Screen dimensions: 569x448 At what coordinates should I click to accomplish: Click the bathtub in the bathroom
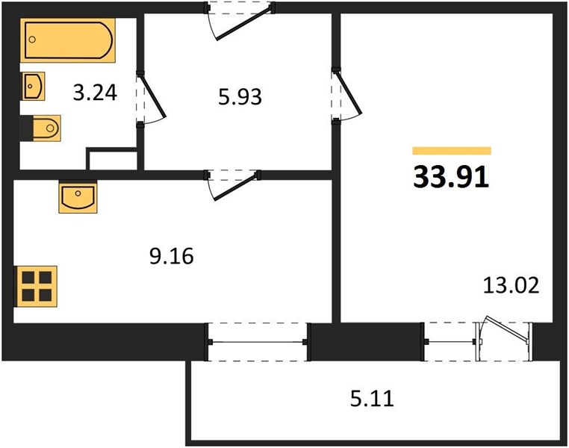[x=68, y=40]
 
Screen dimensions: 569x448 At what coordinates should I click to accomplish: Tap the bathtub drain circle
[x=32, y=40]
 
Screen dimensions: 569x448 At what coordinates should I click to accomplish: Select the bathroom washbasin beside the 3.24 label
[x=34, y=86]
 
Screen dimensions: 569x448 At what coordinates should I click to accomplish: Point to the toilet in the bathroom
[x=46, y=128]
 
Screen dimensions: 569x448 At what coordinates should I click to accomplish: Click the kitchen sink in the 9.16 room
[x=78, y=197]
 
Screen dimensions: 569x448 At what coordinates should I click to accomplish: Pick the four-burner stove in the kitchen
[x=35, y=287]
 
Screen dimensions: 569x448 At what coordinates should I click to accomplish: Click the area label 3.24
[x=95, y=93]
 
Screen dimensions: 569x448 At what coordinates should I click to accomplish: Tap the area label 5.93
[x=240, y=97]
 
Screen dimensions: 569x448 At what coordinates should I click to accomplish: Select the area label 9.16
[x=172, y=256]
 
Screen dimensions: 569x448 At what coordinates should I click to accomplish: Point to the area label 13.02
[x=512, y=285]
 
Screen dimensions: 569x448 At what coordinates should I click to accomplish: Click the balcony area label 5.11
[x=372, y=398]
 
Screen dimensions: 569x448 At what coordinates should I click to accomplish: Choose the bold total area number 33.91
[x=452, y=178]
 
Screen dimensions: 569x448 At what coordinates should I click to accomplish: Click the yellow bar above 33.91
[x=452, y=151]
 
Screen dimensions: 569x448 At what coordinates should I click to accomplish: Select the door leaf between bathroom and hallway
[x=152, y=95]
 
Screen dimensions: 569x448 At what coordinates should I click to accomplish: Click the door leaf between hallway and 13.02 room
[x=349, y=92]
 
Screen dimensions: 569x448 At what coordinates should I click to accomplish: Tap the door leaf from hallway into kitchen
[x=236, y=187]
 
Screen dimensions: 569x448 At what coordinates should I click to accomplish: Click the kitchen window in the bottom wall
[x=258, y=342]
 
